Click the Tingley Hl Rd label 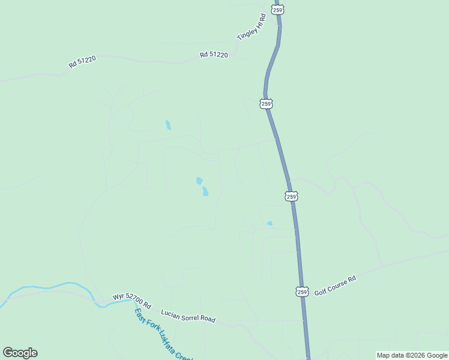pos(251,28)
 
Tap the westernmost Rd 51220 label pos(82,61)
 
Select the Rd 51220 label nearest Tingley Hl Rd pos(214,55)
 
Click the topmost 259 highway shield pos(277,10)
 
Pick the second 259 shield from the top pos(267,103)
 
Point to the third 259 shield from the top pos(291,196)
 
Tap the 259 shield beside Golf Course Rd pos(303,292)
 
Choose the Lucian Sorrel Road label pos(188,316)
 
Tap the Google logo pos(20,353)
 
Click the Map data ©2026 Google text pos(412,355)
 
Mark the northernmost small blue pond pos(168,125)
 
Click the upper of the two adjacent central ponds pos(199,181)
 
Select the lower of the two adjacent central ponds pos(205,191)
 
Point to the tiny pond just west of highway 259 pos(270,224)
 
